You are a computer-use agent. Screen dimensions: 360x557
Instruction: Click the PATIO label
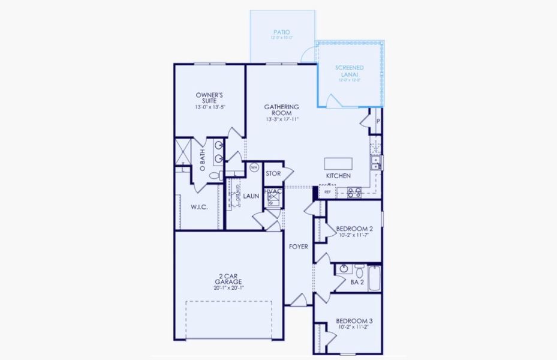point(282,33)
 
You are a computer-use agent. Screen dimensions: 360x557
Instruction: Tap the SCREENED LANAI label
point(349,71)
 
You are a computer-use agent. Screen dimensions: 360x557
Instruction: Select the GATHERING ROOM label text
point(281,110)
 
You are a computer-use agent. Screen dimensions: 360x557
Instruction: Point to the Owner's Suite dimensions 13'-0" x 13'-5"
point(209,107)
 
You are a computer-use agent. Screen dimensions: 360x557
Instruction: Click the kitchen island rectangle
point(339,164)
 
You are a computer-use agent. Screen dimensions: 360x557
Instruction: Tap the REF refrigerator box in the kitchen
point(327,192)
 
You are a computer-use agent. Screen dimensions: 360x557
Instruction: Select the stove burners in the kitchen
point(353,192)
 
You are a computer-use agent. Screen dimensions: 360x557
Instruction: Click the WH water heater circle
point(254,168)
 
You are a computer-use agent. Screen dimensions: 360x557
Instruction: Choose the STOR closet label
point(273,174)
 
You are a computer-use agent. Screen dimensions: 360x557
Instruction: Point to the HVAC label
point(273,191)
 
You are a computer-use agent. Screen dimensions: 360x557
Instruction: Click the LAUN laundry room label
point(251,196)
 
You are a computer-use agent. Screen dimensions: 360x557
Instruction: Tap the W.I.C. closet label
point(199,208)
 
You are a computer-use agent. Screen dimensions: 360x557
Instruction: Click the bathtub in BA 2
point(374,278)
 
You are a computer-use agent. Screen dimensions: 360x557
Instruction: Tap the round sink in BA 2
point(344,269)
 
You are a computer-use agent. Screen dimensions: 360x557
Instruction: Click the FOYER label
point(298,246)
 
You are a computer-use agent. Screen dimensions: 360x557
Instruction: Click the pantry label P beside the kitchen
point(378,121)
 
